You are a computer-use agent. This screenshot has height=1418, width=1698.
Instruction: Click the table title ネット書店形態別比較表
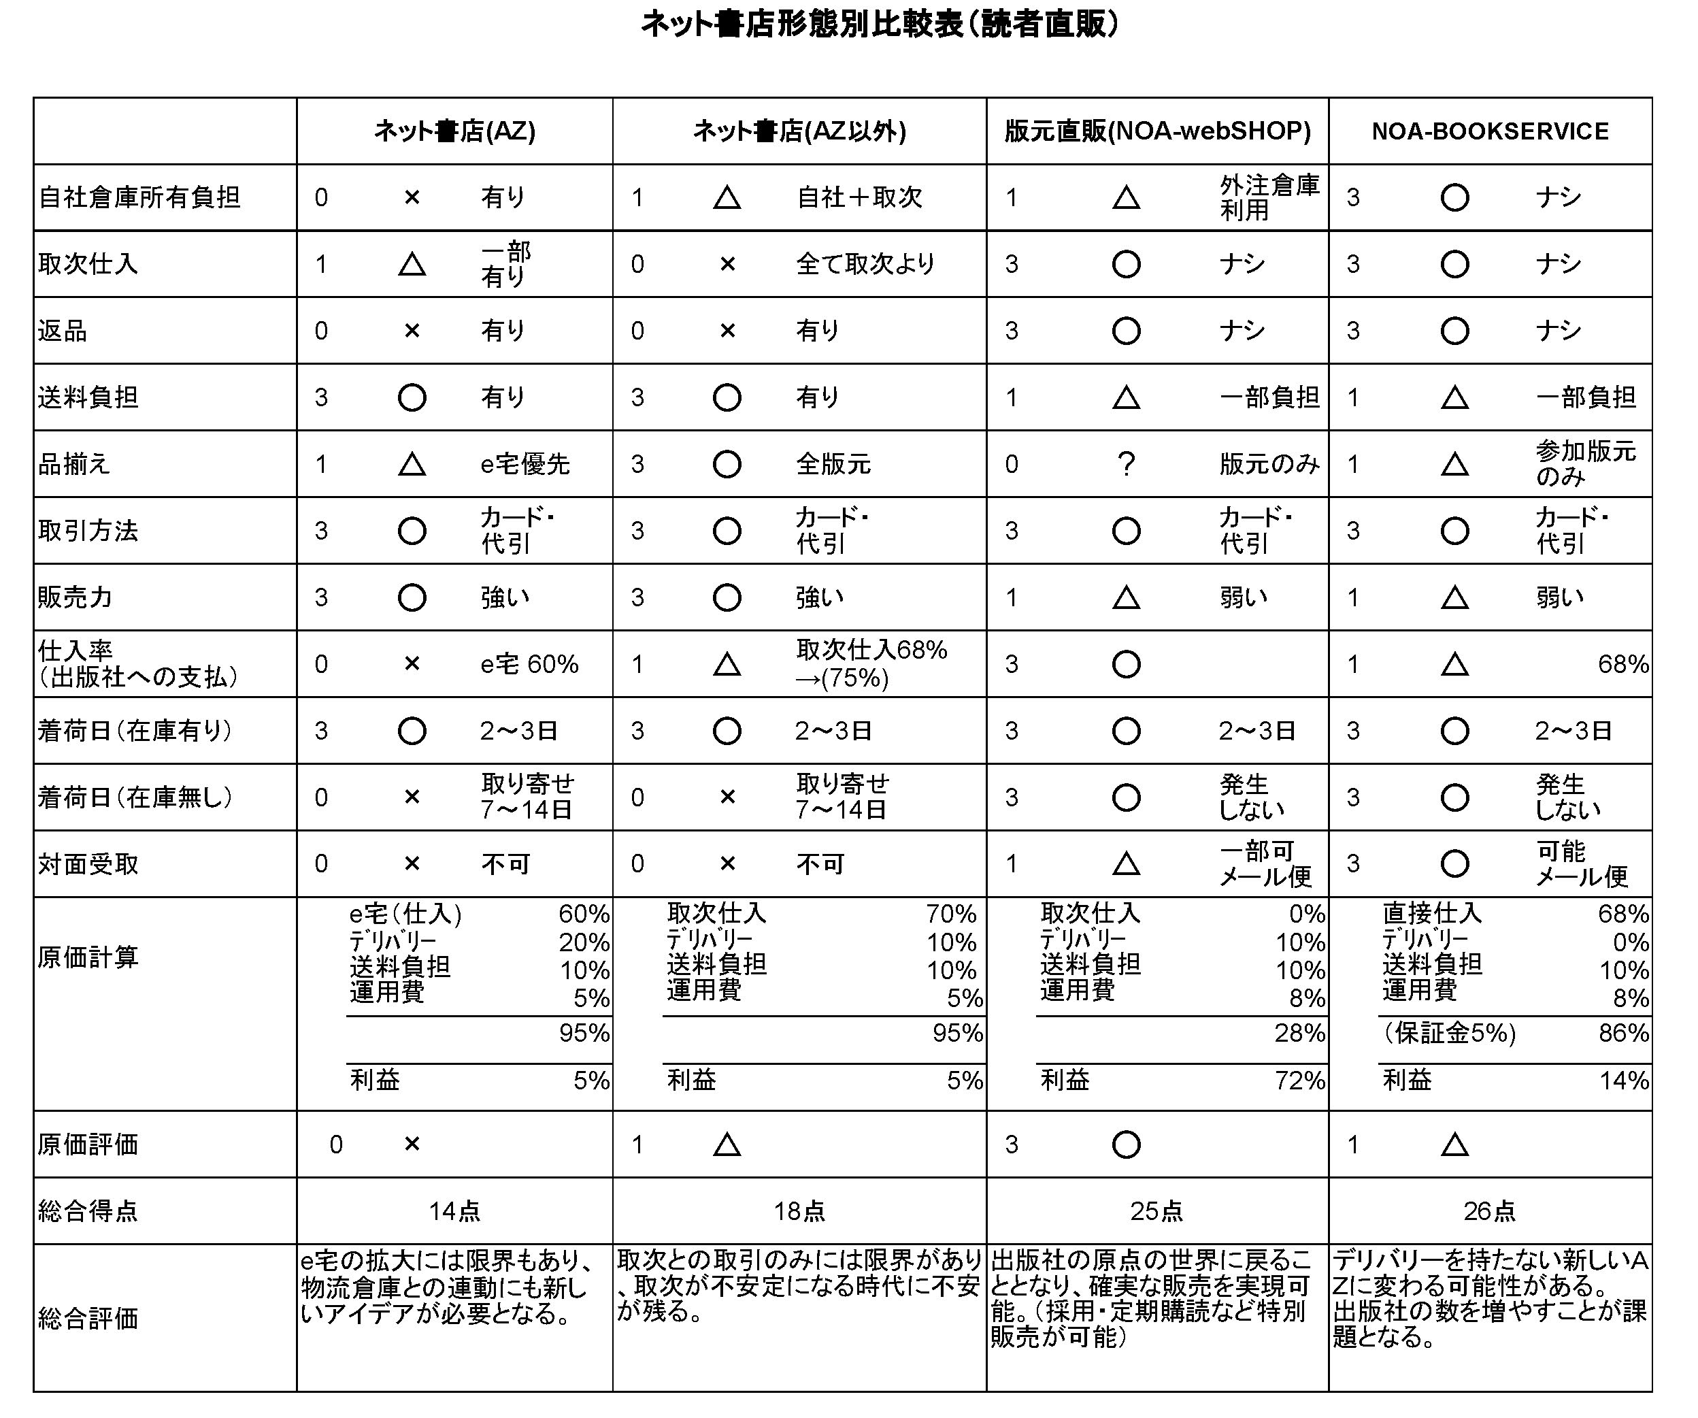pos(880,25)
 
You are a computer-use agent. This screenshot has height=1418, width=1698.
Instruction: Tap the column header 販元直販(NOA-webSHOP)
pos(1157,131)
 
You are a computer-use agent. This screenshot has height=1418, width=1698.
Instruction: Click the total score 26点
pos(1489,1211)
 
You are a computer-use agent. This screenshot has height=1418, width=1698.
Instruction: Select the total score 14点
pos(454,1211)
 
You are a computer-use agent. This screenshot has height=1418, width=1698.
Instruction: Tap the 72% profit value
pos(1299,1081)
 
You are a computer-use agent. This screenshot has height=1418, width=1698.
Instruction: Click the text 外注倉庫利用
pos(1269,197)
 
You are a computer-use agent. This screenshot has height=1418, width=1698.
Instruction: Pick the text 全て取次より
pos(865,264)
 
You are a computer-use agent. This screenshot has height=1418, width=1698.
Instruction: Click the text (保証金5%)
pos(1449,1034)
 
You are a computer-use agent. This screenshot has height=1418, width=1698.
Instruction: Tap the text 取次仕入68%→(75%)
pos(871,663)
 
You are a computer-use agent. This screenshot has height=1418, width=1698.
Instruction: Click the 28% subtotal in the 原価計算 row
pos(1299,1034)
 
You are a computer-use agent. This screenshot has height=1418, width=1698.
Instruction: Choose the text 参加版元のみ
pos(1585,463)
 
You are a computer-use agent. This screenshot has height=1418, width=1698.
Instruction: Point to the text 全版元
pos(833,464)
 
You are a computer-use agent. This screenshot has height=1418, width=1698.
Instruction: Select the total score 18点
pos(799,1211)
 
